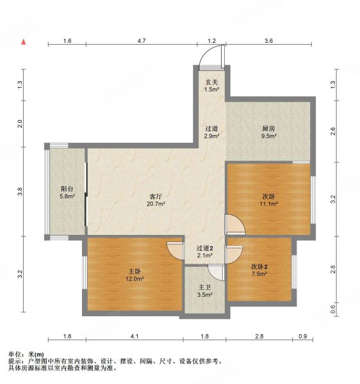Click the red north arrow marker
pos(24,42)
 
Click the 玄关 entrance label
pos(212,82)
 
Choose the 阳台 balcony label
pos(67,189)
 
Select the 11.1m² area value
pos(268,204)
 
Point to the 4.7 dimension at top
pos(142,41)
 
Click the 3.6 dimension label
pos(269,41)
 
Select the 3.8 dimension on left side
pos(20,191)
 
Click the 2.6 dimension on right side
pos(332,131)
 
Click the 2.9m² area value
pos(212,136)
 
